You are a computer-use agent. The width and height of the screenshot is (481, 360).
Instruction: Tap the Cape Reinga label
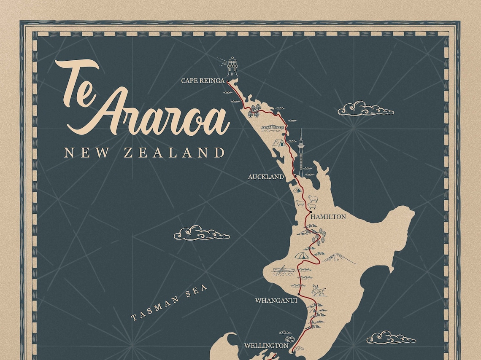point(203,81)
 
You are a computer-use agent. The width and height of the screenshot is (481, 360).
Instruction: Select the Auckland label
point(266,177)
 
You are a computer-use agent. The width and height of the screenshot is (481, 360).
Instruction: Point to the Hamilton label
point(328,217)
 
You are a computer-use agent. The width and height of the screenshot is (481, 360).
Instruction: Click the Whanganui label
point(276,301)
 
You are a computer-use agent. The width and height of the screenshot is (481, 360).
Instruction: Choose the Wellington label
point(266,346)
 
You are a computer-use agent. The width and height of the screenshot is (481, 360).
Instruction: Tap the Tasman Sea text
point(169,302)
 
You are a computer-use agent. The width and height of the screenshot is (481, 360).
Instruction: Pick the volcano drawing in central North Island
point(340,258)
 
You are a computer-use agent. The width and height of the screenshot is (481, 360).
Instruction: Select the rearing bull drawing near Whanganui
point(318,290)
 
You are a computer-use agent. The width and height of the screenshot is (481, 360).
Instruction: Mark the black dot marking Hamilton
point(310,212)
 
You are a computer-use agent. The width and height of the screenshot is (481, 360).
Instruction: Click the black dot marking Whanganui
point(298,294)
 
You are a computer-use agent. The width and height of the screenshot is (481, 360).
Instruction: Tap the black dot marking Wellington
point(292,350)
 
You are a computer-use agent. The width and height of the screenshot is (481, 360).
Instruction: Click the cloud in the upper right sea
point(365,109)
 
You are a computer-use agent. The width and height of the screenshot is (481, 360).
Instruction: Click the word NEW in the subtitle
point(82,153)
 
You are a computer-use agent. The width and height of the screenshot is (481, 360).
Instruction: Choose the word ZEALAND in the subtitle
point(174,153)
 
